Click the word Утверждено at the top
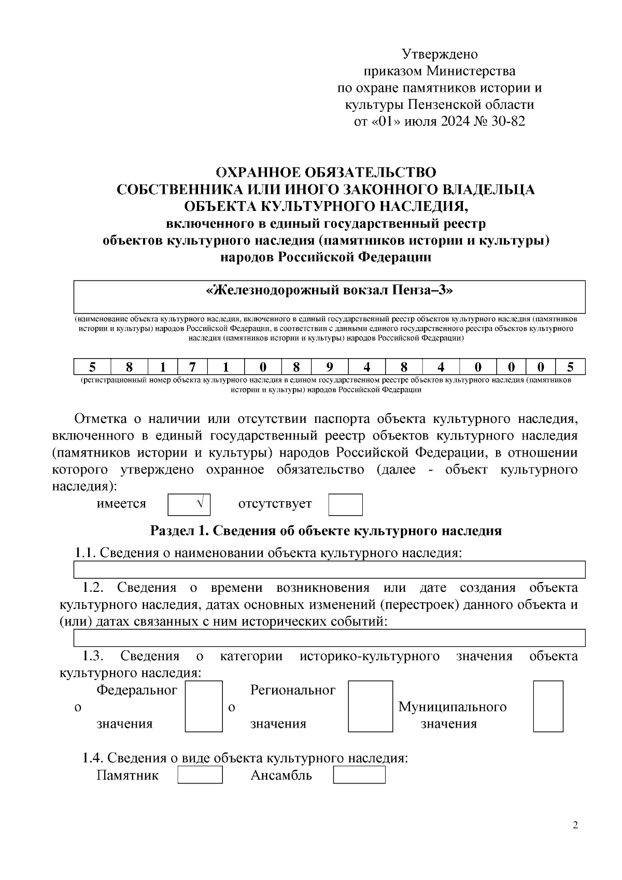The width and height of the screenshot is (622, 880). coord(440,54)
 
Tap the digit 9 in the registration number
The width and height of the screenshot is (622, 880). coord(330,367)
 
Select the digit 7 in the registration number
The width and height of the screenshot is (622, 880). coord(192,367)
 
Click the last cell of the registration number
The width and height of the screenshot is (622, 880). coord(570,367)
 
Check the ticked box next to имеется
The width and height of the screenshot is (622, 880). coord(189,504)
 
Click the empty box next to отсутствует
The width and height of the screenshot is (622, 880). coord(345,504)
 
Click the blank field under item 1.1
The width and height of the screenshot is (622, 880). coord(329,569)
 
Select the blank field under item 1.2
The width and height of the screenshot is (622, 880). coord(329,637)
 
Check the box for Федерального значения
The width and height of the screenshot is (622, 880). coord(204,706)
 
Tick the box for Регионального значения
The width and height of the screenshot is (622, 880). coord(370,706)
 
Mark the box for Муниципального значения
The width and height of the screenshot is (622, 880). coord(548,706)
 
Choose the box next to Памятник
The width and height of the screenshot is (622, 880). coord(200,775)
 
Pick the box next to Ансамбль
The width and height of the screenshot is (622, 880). coord(359,775)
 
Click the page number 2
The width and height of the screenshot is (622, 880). coord(575,825)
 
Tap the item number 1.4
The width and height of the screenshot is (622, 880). coord(93,758)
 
